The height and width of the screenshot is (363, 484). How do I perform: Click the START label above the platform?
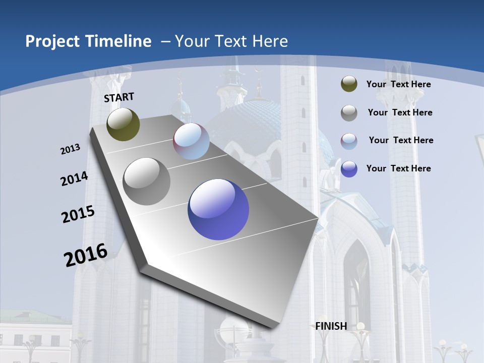point(119,97)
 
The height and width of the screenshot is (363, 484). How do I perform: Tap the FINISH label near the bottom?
point(331,326)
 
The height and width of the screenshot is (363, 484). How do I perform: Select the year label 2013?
point(71,149)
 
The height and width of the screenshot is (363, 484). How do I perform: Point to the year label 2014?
point(75,179)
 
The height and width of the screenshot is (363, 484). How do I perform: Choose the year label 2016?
point(86,255)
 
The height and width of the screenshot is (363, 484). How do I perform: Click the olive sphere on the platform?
point(123,124)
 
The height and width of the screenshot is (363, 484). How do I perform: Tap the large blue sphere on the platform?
point(218,209)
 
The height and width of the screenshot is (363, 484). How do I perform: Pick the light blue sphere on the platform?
point(191,141)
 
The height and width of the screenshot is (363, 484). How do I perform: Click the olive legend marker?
point(349,84)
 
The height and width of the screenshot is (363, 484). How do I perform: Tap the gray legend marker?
point(349,113)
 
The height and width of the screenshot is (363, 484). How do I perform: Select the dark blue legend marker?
point(349,169)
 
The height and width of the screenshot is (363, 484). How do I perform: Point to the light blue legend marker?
point(349,141)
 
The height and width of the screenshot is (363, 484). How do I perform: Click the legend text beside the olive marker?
point(398,84)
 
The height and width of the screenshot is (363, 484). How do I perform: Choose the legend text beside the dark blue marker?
point(398,168)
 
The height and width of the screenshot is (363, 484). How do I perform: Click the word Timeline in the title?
point(119,41)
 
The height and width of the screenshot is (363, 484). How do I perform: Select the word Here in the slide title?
point(270,41)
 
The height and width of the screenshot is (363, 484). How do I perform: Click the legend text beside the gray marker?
point(400,112)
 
